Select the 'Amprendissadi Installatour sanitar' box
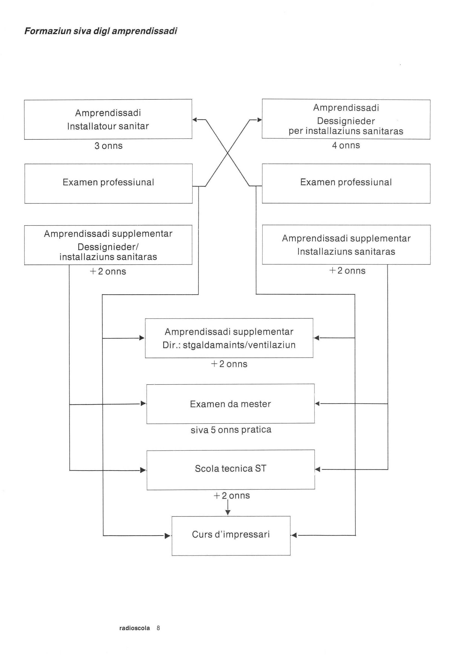point(108,119)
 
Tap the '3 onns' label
point(109,146)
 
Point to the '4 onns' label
point(346,145)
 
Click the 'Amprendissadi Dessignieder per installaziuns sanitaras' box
point(346,119)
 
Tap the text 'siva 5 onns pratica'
point(231,430)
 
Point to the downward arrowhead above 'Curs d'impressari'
point(228,513)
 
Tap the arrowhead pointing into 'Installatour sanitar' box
point(195,120)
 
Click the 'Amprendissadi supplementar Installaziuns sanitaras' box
point(346,245)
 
